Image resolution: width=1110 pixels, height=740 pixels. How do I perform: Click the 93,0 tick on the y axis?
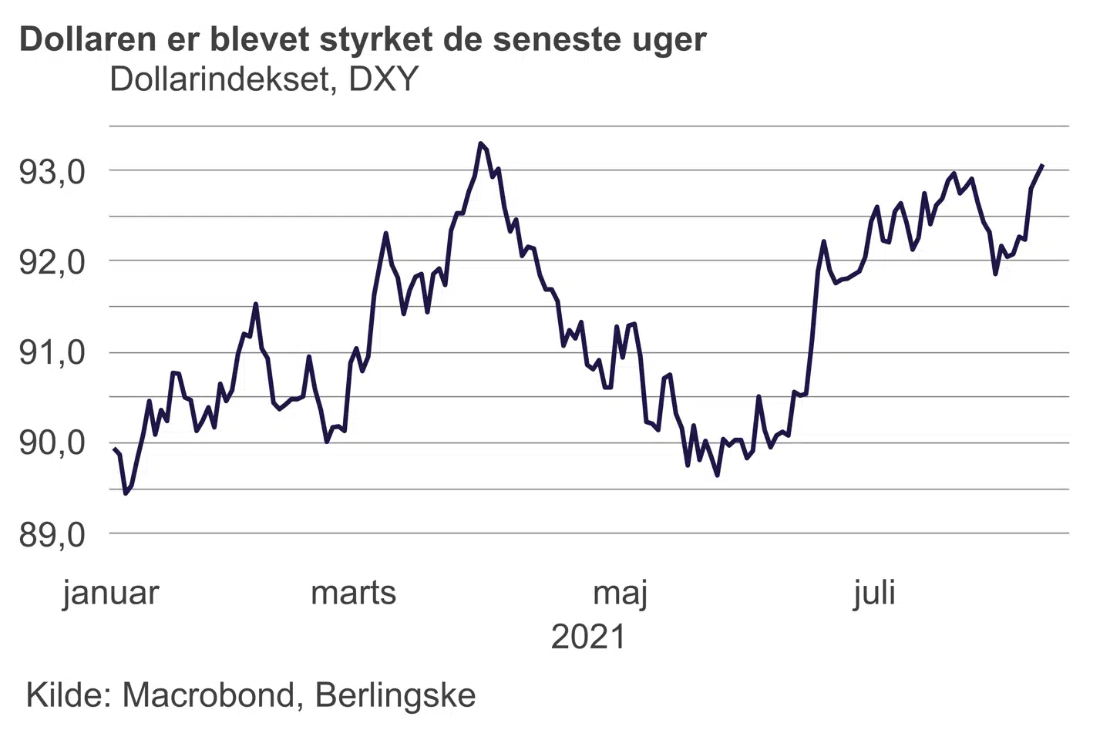pyautogui.click(x=52, y=172)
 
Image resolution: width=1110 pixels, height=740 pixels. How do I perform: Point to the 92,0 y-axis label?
pyautogui.click(x=52, y=262)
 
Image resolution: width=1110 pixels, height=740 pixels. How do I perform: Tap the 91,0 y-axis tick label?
pyautogui.click(x=52, y=353)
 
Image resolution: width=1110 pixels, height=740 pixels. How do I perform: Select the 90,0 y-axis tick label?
pyautogui.click(x=52, y=443)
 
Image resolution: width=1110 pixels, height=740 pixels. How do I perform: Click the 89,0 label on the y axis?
pyautogui.click(x=52, y=533)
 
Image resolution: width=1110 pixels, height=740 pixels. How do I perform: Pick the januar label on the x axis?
pyautogui.click(x=111, y=593)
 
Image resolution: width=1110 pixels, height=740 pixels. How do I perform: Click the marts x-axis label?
pyautogui.click(x=353, y=593)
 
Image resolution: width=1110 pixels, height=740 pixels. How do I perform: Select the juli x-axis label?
pyautogui.click(x=874, y=593)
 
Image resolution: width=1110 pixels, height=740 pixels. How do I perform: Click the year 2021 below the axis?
pyautogui.click(x=588, y=637)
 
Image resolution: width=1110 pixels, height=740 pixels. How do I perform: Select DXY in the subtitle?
pyautogui.click(x=383, y=79)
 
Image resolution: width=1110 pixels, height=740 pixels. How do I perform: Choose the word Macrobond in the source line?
pyautogui.click(x=208, y=695)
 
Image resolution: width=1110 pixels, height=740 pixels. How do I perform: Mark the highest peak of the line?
pyautogui.click(x=480, y=143)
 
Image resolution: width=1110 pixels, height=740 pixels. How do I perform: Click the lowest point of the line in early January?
pyautogui.click(x=126, y=493)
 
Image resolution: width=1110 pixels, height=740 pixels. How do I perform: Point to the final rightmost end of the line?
pyautogui.click(x=1042, y=165)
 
